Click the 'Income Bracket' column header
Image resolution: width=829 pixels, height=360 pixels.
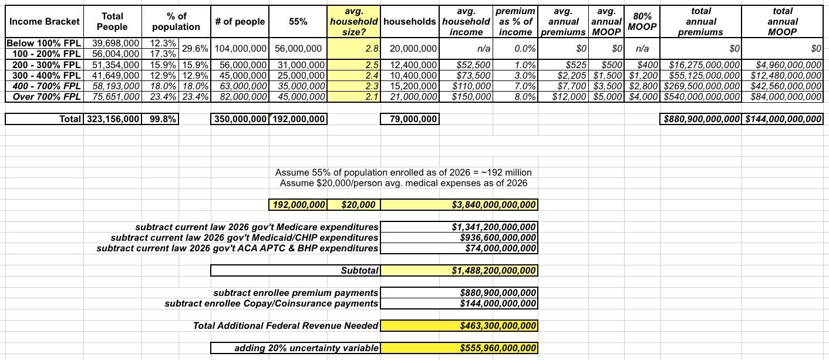pos(45,22)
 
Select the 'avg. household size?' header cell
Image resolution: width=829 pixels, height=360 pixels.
pos(354,22)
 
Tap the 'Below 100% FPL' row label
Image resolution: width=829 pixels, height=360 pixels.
pos(45,43)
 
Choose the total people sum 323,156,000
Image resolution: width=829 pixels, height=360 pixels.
pos(113,119)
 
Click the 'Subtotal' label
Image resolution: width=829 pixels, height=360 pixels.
pos(359,271)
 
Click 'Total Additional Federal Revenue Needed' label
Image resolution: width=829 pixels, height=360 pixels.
pos(285,325)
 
